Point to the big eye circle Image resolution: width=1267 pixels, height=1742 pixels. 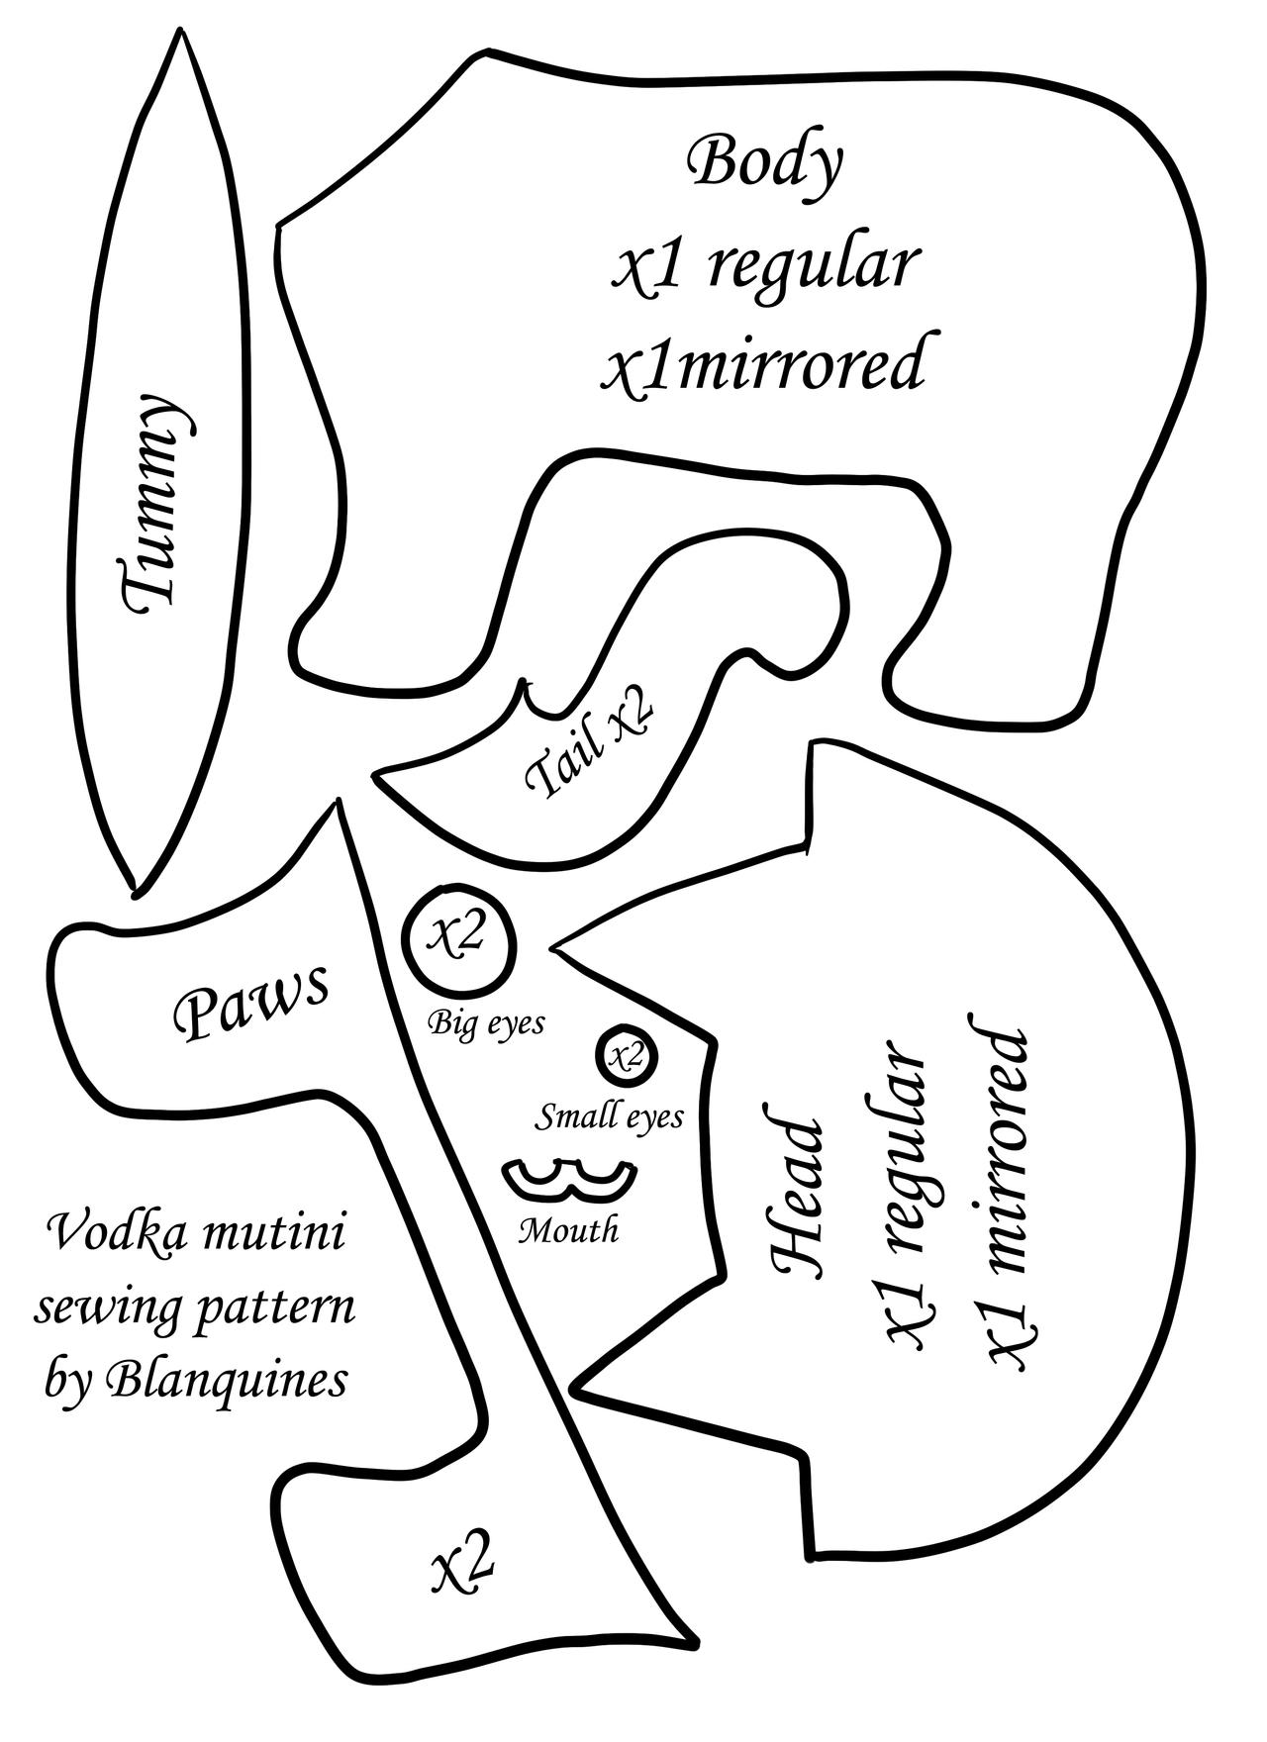pyautogui.click(x=459, y=937)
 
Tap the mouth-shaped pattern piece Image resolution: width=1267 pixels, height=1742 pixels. pyautogui.click(x=569, y=1181)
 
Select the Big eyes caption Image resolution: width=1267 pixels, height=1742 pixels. pyautogui.click(x=486, y=1022)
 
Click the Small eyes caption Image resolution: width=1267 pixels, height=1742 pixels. pyautogui.click(x=610, y=1117)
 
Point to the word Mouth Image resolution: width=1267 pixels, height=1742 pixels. pyautogui.click(x=569, y=1231)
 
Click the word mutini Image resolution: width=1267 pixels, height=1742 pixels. pyautogui.click(x=272, y=1235)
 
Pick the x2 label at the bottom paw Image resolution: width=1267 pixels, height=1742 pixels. pyautogui.click(x=463, y=1565)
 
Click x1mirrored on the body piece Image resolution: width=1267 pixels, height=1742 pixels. pyautogui.click(x=766, y=364)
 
